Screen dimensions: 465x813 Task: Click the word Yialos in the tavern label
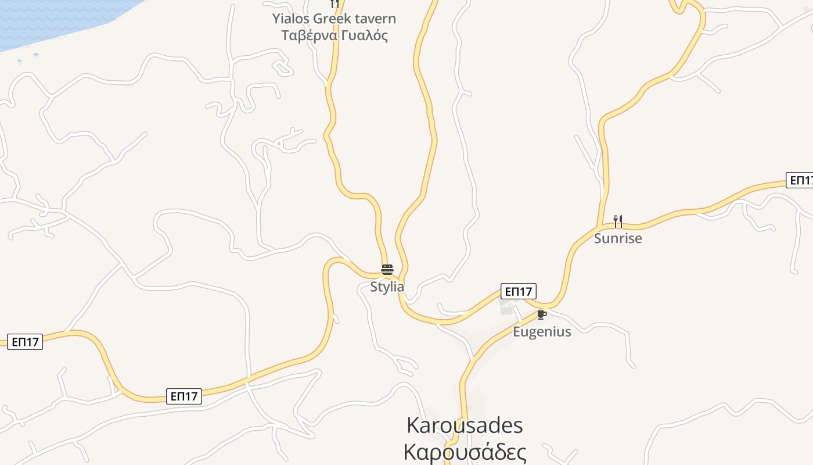point(291,19)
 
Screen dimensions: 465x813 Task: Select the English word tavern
point(375,19)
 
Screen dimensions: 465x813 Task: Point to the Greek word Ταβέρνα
point(308,35)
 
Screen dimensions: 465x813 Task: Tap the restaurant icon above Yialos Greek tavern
point(334,3)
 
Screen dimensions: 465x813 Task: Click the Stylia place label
point(387,287)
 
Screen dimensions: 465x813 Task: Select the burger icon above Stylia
point(387,270)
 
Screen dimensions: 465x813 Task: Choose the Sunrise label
point(618,238)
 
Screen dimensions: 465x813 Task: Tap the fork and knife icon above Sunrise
point(618,221)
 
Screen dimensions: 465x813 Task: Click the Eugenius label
point(542,332)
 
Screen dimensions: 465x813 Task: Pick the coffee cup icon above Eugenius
point(541,314)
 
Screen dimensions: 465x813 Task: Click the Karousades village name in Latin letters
point(465,425)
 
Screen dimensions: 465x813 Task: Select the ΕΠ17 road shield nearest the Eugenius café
point(519,291)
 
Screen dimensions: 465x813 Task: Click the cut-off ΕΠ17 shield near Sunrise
point(800,180)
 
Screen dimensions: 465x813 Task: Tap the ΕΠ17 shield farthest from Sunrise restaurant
point(25,342)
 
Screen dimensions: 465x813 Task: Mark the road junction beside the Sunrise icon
point(598,227)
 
